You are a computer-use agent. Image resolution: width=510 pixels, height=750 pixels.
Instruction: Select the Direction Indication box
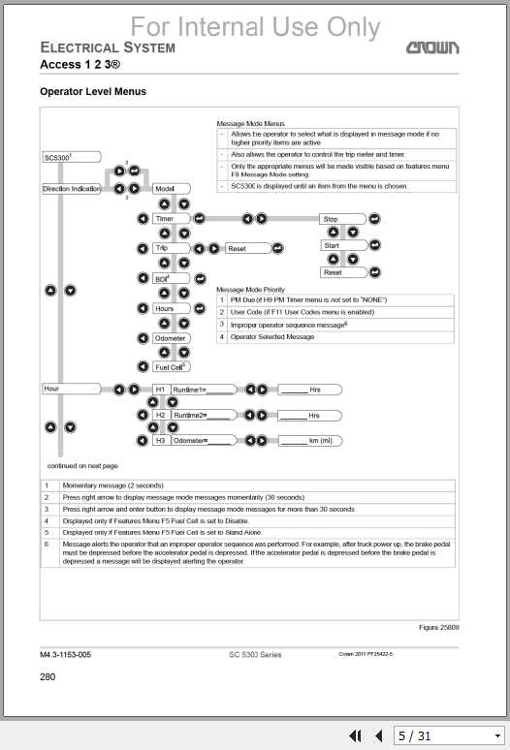tap(72, 189)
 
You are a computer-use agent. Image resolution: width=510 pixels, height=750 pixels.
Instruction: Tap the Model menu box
tap(166, 189)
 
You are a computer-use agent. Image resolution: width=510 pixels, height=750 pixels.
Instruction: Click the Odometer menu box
tap(171, 338)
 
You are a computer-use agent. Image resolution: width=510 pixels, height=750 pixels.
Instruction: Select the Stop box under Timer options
tap(341, 219)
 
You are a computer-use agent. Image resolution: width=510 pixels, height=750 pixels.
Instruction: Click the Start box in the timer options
tap(341, 245)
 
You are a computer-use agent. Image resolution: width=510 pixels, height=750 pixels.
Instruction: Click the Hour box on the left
tap(72, 389)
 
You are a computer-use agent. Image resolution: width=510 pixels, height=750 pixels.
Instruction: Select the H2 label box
tap(161, 415)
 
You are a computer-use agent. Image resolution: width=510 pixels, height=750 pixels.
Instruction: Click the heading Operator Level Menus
tap(92, 92)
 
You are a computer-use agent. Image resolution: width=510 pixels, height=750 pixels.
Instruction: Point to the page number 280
tap(48, 676)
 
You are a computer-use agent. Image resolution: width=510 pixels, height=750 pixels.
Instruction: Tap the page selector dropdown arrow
tap(496, 736)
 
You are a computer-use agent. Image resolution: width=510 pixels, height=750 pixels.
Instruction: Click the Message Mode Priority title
tap(250, 289)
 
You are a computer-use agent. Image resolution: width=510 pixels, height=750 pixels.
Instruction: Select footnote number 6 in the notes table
tap(48, 545)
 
